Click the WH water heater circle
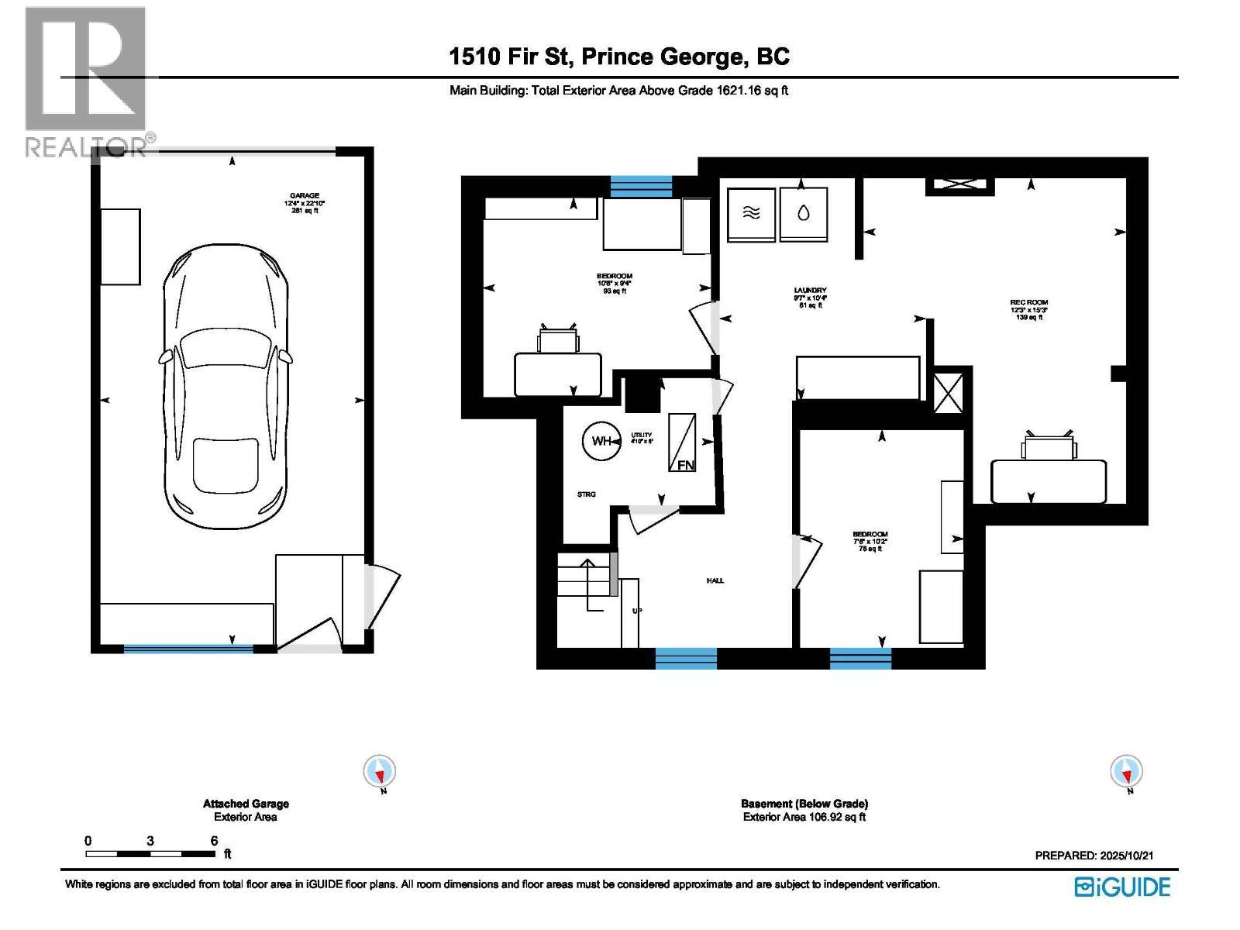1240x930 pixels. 602,441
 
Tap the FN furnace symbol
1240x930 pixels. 682,443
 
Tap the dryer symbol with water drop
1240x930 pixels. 804,213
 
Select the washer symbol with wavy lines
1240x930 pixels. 751,213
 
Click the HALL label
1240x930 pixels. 715,580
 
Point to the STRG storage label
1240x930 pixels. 586,494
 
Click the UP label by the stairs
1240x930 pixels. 637,611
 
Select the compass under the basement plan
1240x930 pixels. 1126,772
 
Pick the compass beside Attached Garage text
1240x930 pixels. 380,772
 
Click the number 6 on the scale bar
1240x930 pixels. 214,841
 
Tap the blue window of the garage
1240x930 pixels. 188,649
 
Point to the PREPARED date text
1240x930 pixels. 1094,856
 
